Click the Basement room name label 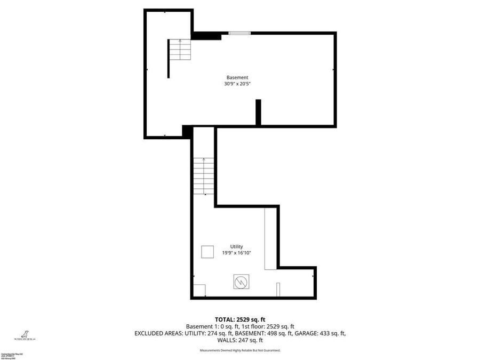(237, 77)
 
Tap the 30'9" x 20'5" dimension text (237, 84)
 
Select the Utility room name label (236, 246)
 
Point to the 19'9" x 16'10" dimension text (236, 253)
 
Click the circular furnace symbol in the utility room (241, 281)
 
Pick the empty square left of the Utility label (207, 252)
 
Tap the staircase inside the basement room (180, 50)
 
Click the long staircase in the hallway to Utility (200, 177)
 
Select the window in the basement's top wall (239, 34)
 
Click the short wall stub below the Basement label (258, 112)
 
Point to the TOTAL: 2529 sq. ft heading (239, 318)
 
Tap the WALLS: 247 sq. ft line (239, 340)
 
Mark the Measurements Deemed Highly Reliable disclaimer (239, 350)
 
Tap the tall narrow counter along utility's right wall (270, 238)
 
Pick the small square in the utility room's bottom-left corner (199, 291)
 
